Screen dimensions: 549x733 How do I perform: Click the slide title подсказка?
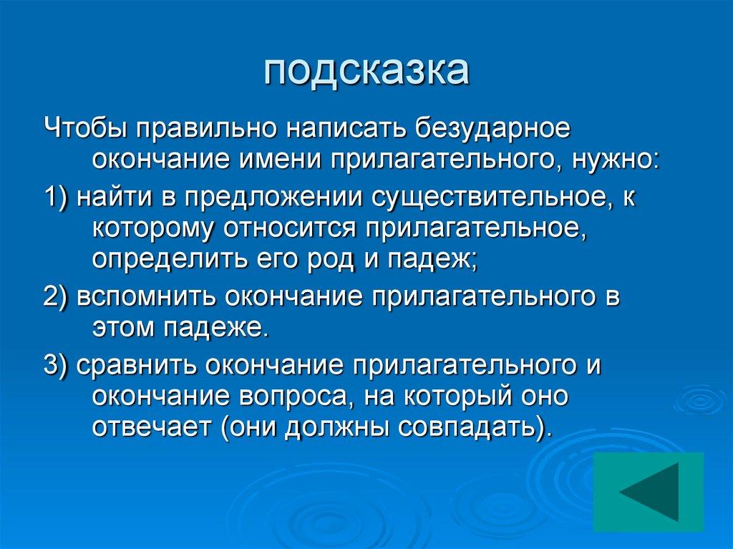[366, 72]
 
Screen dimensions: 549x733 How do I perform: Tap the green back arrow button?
[649, 492]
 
